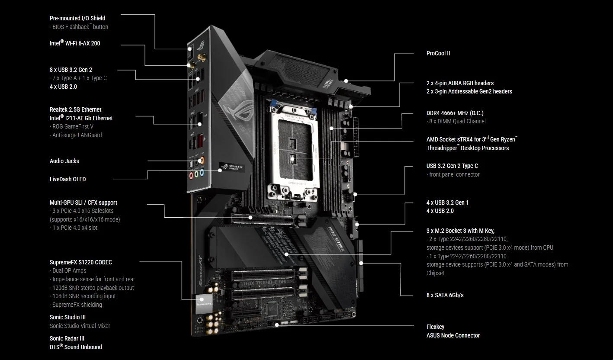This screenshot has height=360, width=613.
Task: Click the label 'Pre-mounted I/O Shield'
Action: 77,18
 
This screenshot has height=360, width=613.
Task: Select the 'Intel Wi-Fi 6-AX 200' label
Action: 75,43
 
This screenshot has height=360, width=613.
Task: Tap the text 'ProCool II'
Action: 438,53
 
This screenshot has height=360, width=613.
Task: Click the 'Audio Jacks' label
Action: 64,161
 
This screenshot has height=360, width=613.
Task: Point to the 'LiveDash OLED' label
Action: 67,179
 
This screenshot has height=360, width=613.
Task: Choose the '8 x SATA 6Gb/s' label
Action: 445,295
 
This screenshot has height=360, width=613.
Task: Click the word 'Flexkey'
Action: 435,327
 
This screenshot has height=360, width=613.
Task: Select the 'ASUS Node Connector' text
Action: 453,335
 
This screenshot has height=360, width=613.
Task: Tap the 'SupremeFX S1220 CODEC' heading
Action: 81,262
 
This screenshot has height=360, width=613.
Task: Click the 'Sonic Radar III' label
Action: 67,338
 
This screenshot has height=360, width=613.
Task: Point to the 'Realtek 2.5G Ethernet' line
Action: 76,109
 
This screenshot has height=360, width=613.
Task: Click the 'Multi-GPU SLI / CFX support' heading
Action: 83,202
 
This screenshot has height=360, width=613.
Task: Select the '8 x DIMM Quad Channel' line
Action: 457,121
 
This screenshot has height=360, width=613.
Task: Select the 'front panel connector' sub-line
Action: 454,174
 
